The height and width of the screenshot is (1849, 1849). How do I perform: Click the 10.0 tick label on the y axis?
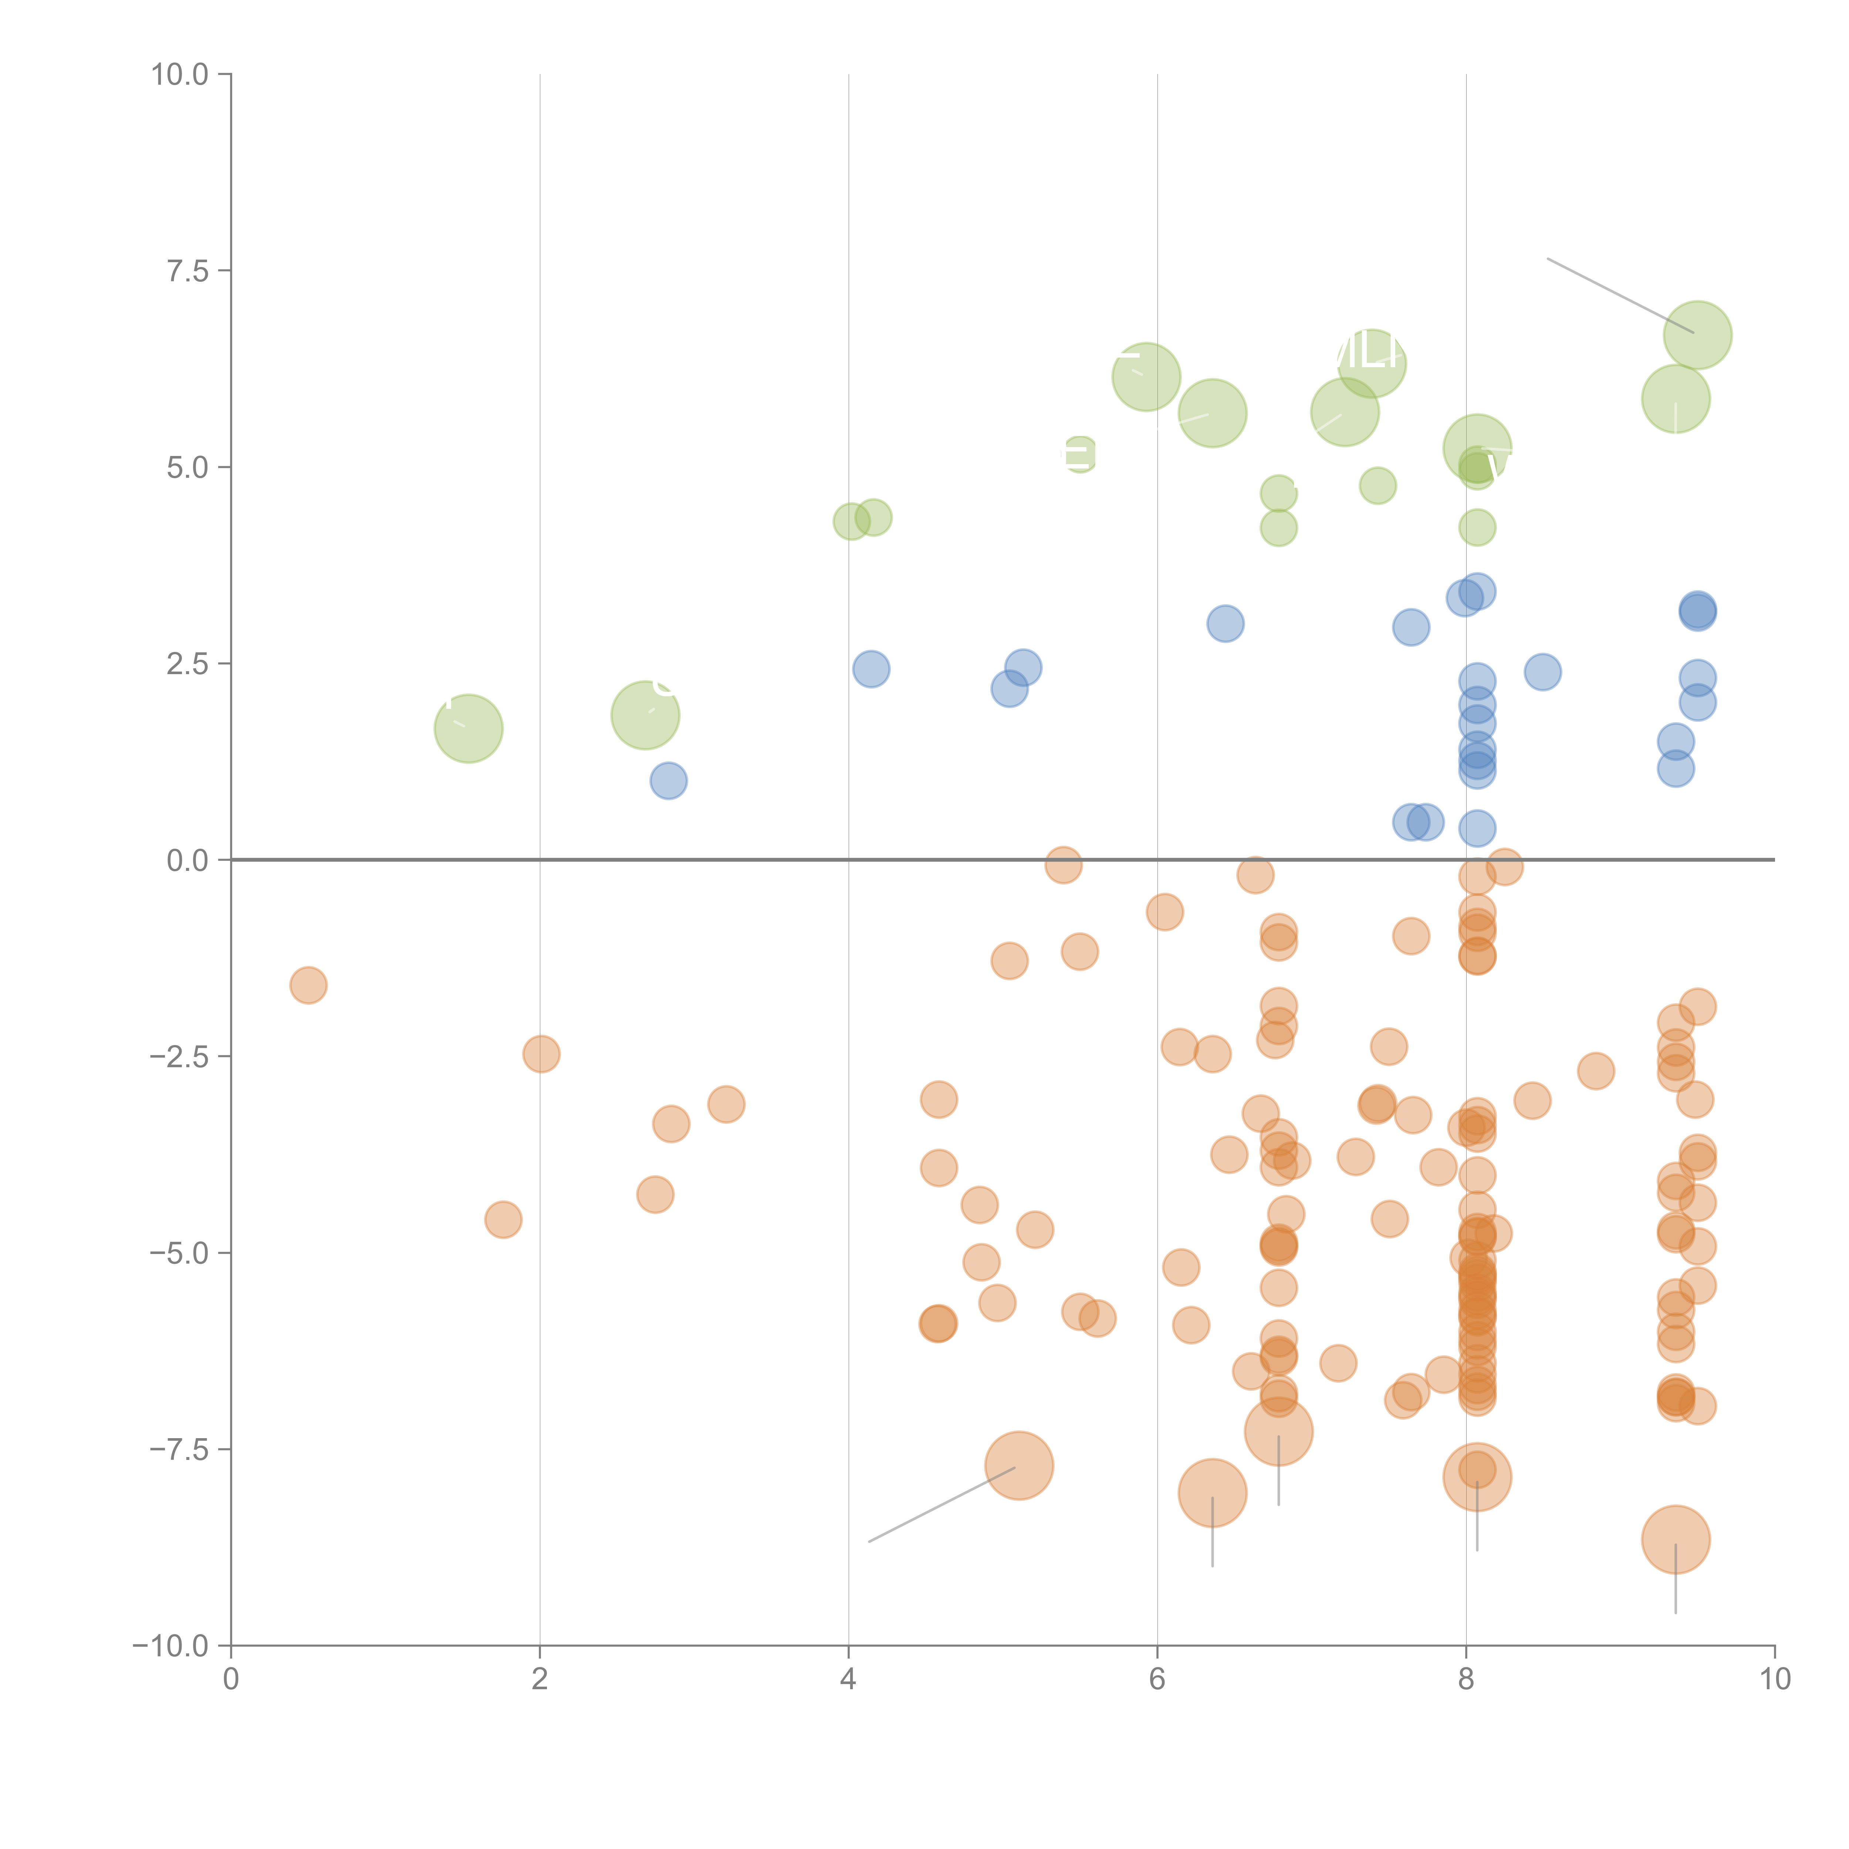180,75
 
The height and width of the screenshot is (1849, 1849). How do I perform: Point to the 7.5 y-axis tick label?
187,271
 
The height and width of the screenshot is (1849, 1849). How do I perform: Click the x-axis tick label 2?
540,1680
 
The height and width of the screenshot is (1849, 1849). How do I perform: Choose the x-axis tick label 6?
1157,1680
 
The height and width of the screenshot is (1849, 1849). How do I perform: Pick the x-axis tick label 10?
1774,1680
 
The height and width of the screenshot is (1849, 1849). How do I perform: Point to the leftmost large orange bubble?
1019,1465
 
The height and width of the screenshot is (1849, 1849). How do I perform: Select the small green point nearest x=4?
851,521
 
